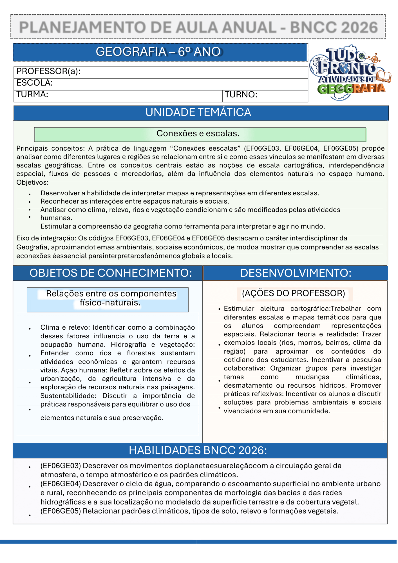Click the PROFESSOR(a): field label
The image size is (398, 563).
pos(48,72)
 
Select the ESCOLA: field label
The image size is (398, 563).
pos(35,83)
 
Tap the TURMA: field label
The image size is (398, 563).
pos(32,94)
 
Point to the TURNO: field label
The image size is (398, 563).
pos(241,95)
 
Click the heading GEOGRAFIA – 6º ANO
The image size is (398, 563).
pos(158,52)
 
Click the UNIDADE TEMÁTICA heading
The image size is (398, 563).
pos(198,113)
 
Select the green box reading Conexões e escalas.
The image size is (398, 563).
pos(200,134)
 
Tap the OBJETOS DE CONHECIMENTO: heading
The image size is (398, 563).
pos(111,273)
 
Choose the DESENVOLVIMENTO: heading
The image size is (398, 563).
pos(296,273)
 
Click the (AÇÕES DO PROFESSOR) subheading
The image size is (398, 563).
pos(294,294)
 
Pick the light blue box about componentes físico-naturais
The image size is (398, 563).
pos(108,300)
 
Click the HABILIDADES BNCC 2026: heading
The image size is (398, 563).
pos(198,451)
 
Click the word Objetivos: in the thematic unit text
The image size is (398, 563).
pos(32,182)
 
